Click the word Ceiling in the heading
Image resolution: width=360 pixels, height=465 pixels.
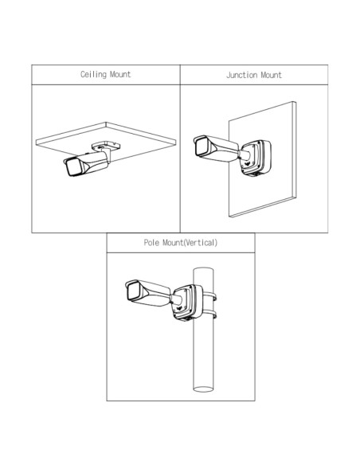[x=93, y=74]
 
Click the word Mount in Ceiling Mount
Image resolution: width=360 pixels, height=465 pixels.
[x=120, y=74]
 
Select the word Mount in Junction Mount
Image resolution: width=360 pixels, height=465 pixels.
[x=271, y=75]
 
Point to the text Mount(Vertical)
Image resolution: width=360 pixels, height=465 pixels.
[x=190, y=243]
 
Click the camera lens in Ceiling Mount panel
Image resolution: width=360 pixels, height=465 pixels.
[x=72, y=168]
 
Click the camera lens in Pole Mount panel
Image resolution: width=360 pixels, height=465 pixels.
[x=134, y=291]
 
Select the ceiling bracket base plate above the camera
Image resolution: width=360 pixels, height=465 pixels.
[x=106, y=145]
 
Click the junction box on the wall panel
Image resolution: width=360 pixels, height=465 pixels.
[x=256, y=157]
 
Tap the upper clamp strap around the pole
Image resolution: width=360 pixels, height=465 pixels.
[x=211, y=295]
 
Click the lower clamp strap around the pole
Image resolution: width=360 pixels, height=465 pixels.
[x=211, y=314]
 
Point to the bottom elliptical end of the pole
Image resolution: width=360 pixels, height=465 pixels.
[x=203, y=389]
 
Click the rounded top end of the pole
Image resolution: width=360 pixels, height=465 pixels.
[x=203, y=269]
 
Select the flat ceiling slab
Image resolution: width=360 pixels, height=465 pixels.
[x=106, y=141]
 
